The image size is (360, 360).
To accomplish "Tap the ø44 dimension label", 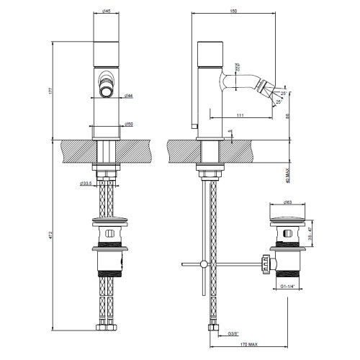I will tap(127, 95).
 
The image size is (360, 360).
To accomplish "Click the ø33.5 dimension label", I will tap(86, 184).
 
